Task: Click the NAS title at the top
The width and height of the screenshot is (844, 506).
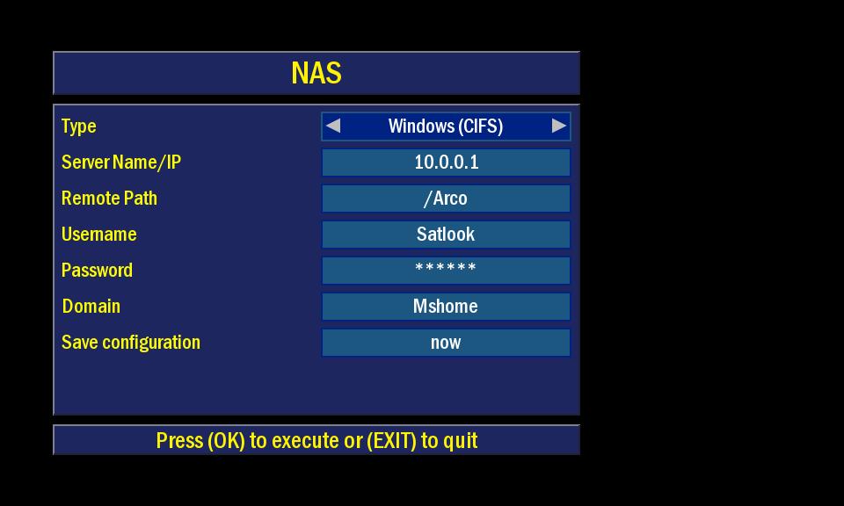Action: click(x=316, y=73)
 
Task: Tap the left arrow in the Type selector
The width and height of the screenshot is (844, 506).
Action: click(x=333, y=126)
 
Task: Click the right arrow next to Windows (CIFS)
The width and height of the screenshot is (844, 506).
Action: click(x=559, y=126)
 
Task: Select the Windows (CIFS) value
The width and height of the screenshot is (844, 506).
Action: click(x=446, y=126)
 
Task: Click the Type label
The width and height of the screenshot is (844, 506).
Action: click(x=78, y=126)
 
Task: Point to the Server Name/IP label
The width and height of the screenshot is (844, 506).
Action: click(x=121, y=163)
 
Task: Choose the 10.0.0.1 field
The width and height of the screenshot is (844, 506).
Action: click(x=447, y=163)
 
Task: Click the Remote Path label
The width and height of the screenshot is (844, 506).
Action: click(x=109, y=198)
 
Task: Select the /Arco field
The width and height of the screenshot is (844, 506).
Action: click(x=447, y=199)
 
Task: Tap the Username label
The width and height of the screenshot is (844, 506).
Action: click(x=99, y=234)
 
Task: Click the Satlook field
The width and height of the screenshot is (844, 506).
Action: click(x=447, y=235)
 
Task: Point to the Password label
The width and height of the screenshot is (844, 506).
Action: click(x=97, y=270)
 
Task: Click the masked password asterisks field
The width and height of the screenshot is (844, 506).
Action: click(x=447, y=271)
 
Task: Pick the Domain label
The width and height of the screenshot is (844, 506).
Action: click(x=91, y=306)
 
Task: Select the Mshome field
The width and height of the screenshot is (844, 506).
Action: click(x=447, y=307)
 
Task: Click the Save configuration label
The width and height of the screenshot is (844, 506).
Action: click(x=131, y=343)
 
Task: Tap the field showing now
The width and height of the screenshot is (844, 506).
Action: click(x=447, y=343)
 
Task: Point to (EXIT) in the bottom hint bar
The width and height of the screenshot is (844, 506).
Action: click(x=391, y=441)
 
